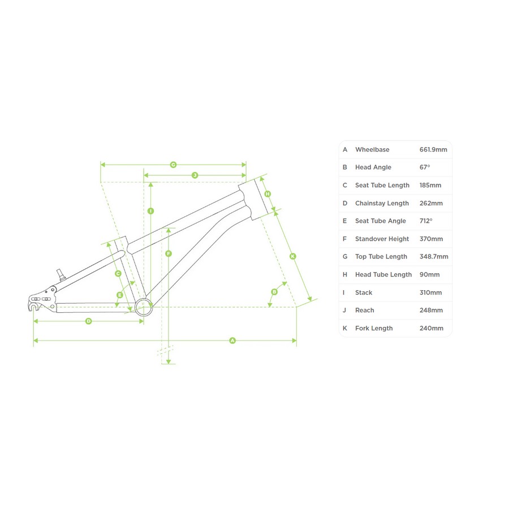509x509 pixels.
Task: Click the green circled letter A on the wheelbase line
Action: (232, 340)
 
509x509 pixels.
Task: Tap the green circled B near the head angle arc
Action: (274, 292)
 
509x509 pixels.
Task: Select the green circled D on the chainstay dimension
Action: (88, 321)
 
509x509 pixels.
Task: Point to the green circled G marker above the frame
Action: (174, 165)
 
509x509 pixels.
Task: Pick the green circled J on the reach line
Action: (195, 175)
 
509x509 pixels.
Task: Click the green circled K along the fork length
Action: (292, 256)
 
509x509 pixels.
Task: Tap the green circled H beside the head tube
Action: (268, 194)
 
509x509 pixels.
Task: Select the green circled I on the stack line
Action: (150, 211)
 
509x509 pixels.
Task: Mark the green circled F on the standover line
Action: (168, 253)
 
